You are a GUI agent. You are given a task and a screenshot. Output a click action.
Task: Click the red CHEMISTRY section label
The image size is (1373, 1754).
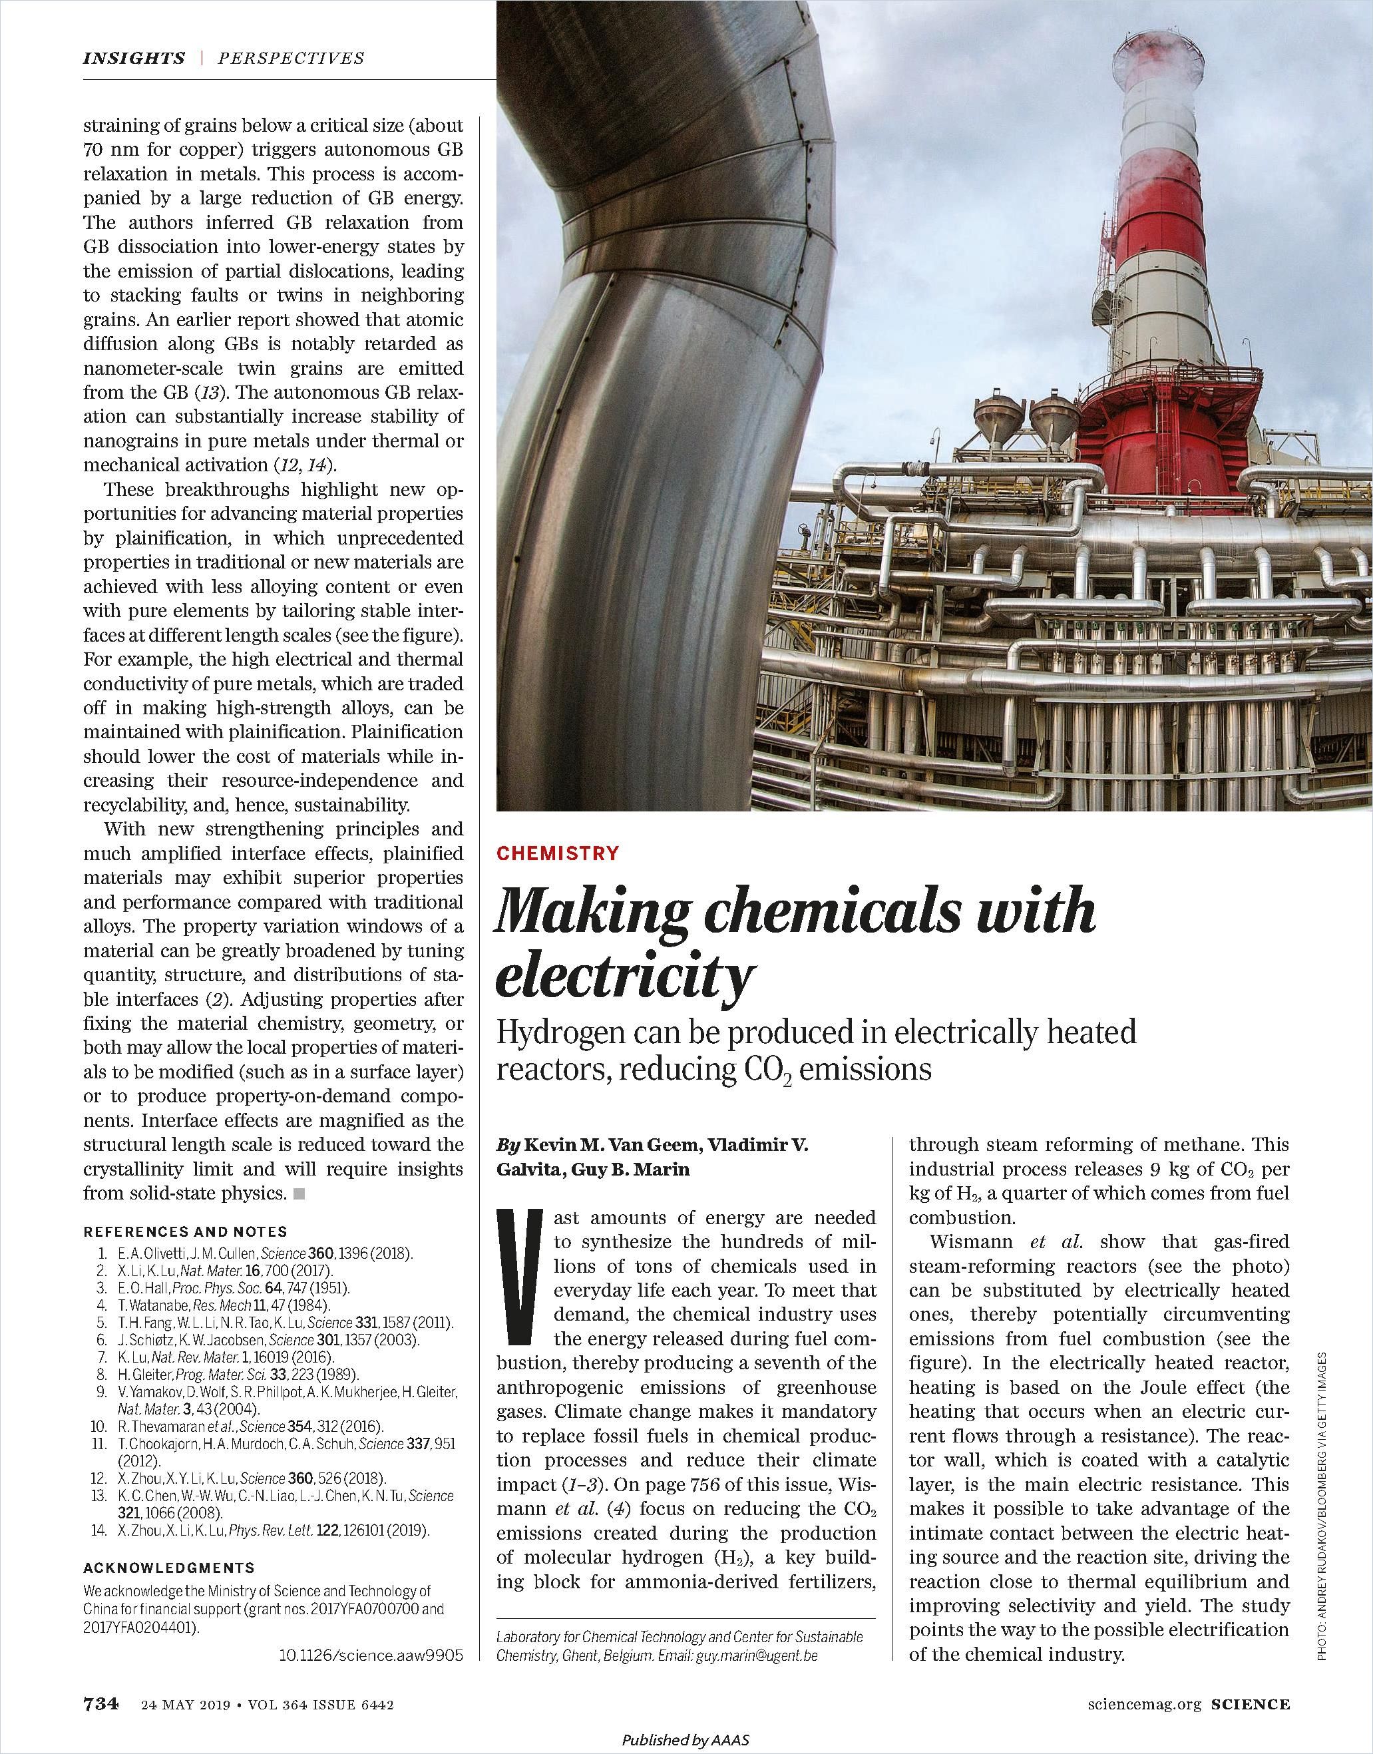tap(558, 853)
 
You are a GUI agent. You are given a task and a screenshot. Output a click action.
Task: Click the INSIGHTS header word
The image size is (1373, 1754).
tap(134, 58)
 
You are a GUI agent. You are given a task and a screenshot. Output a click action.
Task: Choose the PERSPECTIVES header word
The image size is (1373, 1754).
tap(291, 58)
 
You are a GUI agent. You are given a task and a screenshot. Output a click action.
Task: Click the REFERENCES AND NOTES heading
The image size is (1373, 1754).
tap(185, 1231)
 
